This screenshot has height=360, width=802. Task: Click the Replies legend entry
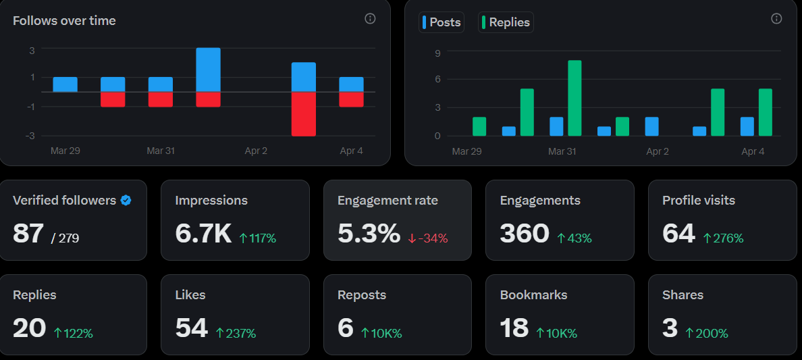pyautogui.click(x=506, y=22)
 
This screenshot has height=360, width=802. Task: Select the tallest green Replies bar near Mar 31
pyautogui.click(x=574, y=98)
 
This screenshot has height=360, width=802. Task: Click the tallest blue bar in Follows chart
pyautogui.click(x=208, y=70)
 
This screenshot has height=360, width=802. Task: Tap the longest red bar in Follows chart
pyautogui.click(x=304, y=114)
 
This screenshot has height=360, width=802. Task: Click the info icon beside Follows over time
pyautogui.click(x=370, y=19)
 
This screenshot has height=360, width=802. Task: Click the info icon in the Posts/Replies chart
pyautogui.click(x=776, y=19)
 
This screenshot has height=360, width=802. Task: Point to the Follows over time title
pyautogui.click(x=64, y=21)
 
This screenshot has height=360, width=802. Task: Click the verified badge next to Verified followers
pyautogui.click(x=126, y=201)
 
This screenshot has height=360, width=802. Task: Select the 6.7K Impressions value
pyautogui.click(x=203, y=234)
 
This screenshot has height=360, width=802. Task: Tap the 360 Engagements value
pyautogui.click(x=525, y=234)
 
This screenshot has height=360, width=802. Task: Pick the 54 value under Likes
pyautogui.click(x=191, y=328)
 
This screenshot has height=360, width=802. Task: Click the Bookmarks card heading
pyautogui.click(x=533, y=295)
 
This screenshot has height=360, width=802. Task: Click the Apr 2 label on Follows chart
pyautogui.click(x=256, y=151)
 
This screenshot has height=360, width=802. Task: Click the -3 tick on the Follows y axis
pyautogui.click(x=30, y=136)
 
